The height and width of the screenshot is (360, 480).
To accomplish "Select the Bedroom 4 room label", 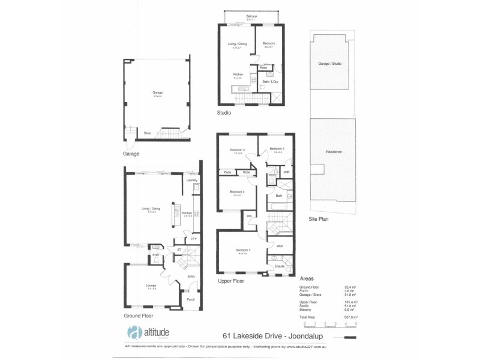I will pyautogui.click(x=276, y=148).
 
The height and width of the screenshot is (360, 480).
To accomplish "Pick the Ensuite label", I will pyautogui.click(x=280, y=265).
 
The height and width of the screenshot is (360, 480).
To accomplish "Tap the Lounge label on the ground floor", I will pyautogui.click(x=151, y=285).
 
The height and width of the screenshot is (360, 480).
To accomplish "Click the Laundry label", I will pyautogui.click(x=192, y=180).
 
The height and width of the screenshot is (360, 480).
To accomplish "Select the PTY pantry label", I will pyautogui.click(x=193, y=239).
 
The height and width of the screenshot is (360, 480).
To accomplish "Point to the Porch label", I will pyautogui.click(x=191, y=299).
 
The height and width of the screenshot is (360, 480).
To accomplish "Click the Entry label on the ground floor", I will pyautogui.click(x=191, y=276).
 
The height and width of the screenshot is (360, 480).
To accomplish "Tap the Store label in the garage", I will pyautogui.click(x=146, y=133).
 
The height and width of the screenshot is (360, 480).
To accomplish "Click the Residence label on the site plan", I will pyautogui.click(x=334, y=152).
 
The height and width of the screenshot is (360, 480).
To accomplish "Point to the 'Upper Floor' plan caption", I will pyautogui.click(x=231, y=280).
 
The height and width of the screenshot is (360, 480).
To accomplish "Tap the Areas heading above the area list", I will pyautogui.click(x=306, y=278).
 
